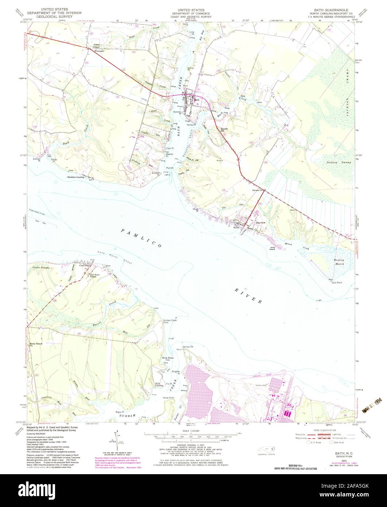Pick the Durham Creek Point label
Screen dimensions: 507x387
[x=170, y=321]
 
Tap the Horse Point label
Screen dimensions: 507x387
[x=169, y=398]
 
